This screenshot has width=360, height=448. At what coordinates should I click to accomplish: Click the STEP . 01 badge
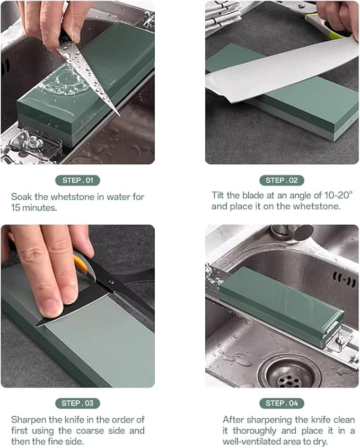click(77, 180)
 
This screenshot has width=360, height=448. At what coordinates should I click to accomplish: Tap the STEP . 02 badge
click(282, 180)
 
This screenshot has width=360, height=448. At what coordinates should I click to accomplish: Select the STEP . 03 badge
click(77, 403)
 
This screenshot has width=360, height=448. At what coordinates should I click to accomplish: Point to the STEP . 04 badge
click(282, 403)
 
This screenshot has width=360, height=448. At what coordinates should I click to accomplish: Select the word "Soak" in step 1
click(22, 196)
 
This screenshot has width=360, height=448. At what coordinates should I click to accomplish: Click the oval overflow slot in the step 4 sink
click(344, 279)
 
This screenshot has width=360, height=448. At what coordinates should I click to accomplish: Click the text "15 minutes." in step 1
click(34, 207)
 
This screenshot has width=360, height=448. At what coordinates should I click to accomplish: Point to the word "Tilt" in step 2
click(219, 196)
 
